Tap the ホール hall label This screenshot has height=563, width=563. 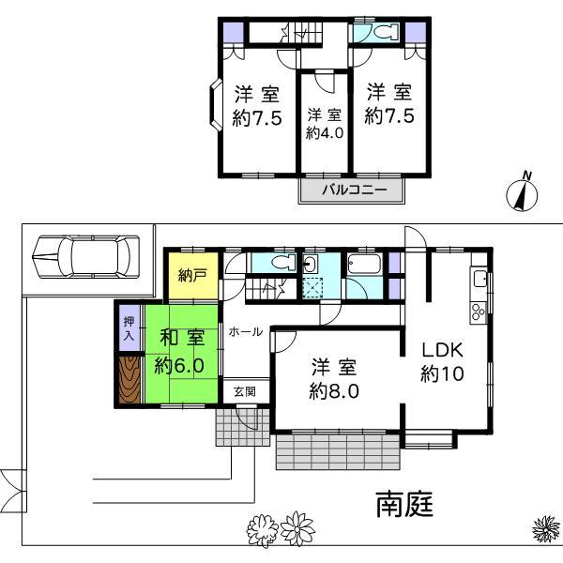pos(246,331)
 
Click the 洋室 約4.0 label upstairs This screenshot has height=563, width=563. pos(325,124)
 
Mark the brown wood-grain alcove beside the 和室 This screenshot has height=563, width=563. pos(129,380)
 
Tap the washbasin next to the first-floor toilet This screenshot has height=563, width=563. pos(310,262)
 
